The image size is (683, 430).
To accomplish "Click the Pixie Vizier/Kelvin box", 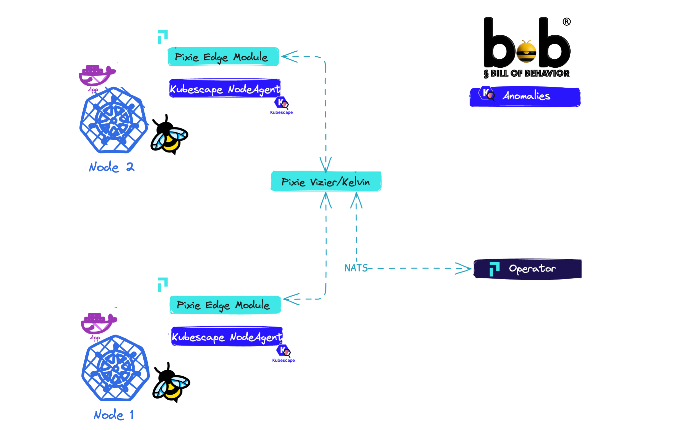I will pos(326,181).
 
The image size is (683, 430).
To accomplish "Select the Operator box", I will pos(528,269).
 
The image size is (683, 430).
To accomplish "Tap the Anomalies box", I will pos(525,97).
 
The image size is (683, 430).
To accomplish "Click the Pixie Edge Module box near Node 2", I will pos(223,57).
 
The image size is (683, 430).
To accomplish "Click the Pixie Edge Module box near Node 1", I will pos(225,305).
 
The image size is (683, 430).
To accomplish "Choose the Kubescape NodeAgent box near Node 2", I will pos(225,89).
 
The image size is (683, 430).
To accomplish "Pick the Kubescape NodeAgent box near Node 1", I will pos(227,337).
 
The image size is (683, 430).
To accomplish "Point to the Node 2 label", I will pos(111,167).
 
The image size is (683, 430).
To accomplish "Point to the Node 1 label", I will pos(114,415).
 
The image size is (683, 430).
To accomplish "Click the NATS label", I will pos(356,268).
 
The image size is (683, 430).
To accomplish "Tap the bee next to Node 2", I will pos(169,135).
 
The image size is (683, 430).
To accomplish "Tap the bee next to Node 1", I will pos(171,383).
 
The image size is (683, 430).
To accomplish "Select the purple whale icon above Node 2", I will pos(97,75).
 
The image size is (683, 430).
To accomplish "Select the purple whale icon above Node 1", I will pos(99,323).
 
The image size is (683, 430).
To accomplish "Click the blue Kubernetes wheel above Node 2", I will pos(113,120).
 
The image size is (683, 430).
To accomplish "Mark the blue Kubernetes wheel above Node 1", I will pos(115,368).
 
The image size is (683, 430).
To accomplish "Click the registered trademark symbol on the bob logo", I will pos(567,22).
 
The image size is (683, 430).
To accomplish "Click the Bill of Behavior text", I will pos(527,73).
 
